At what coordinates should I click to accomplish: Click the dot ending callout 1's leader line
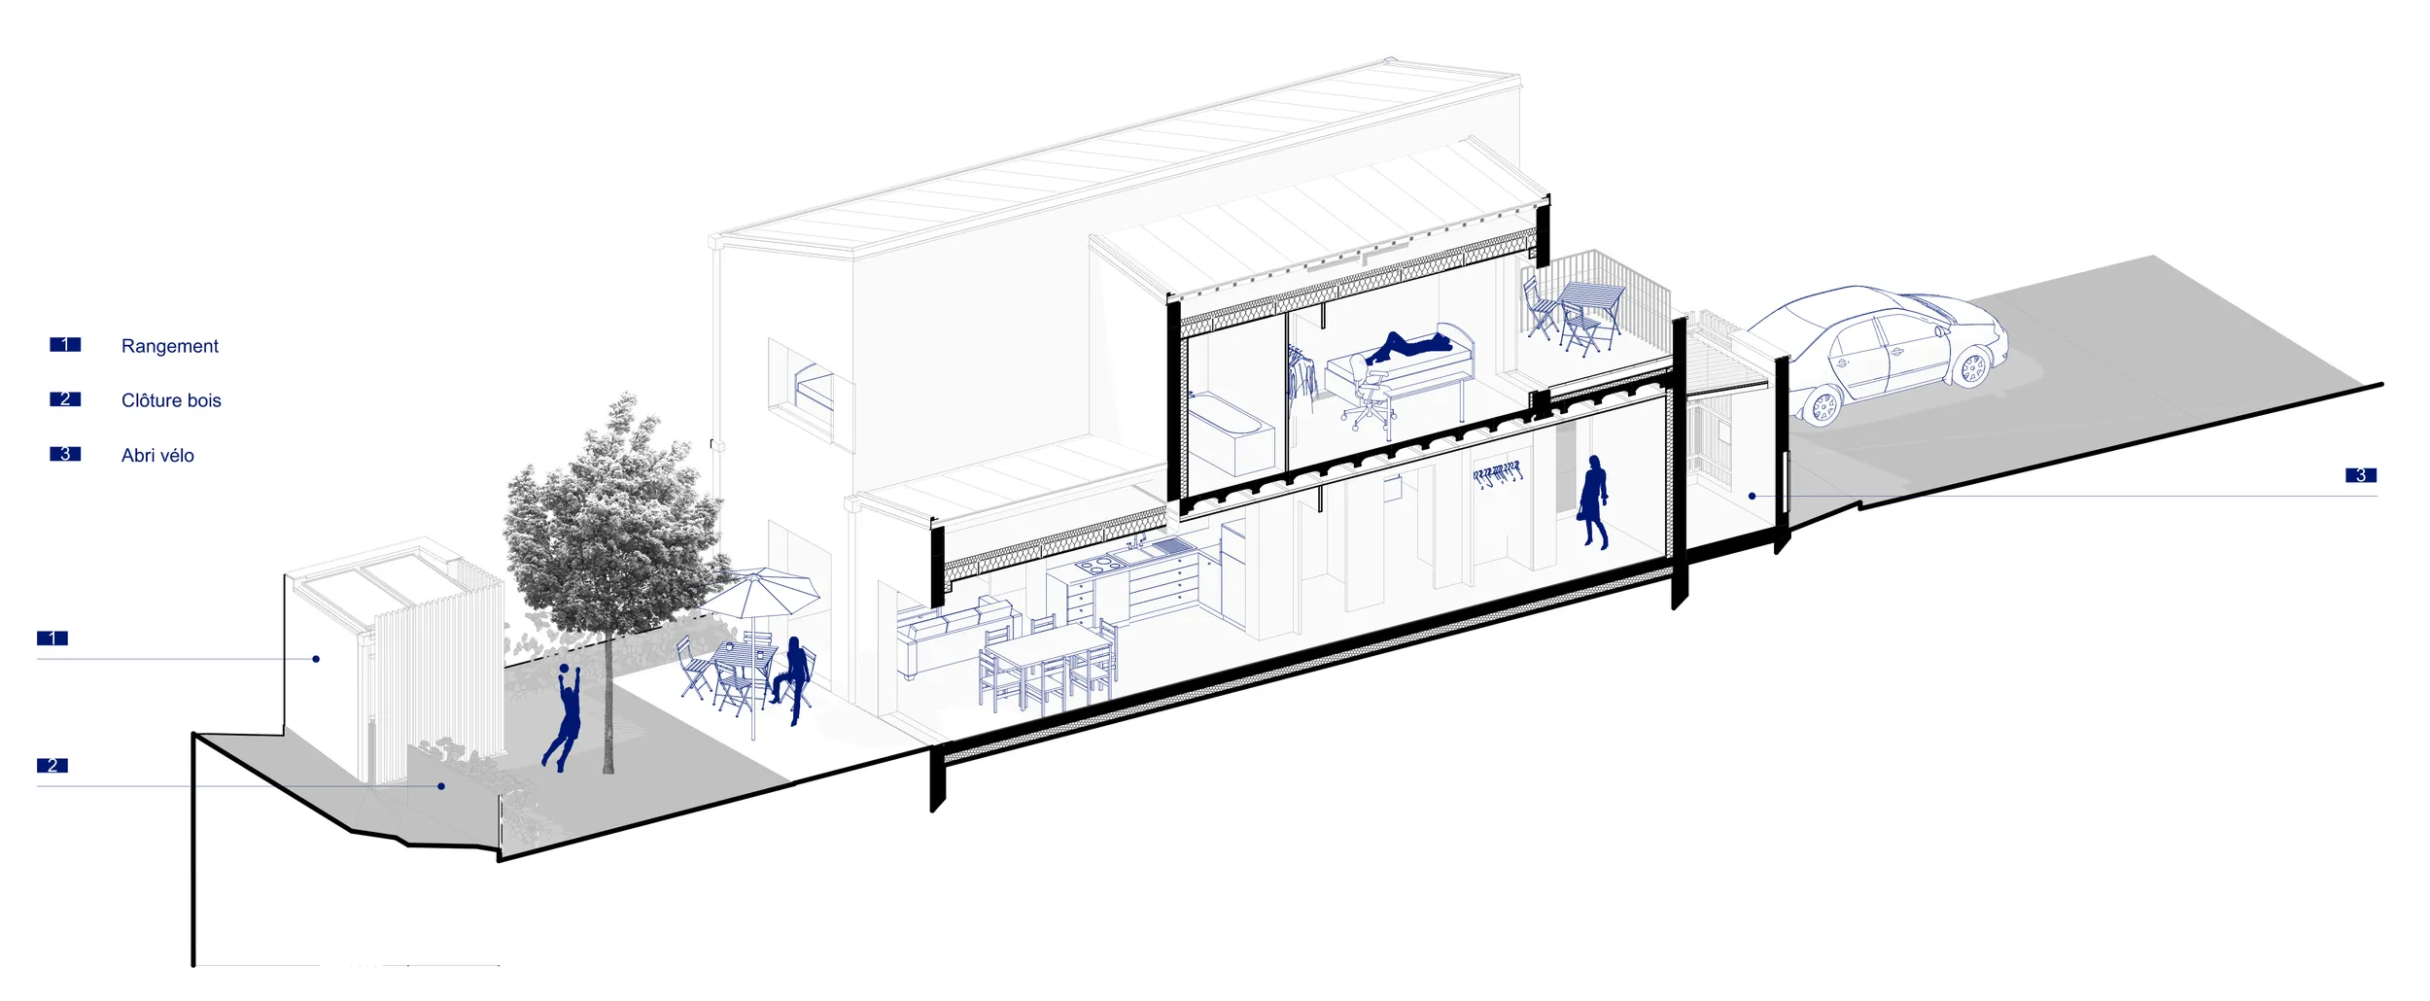coord(316,659)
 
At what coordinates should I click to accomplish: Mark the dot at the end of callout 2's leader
coord(441,786)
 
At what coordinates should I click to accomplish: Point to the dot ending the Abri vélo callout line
coord(1752,496)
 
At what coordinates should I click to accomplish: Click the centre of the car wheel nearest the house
coord(1823,406)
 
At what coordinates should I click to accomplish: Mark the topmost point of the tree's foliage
coord(627,394)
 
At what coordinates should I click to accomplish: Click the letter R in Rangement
coord(127,346)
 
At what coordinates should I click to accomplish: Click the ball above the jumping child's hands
coord(563,670)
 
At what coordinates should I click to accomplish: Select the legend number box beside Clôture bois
coord(65,399)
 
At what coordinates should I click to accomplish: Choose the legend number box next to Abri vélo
coord(65,454)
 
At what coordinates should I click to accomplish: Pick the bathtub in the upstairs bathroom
coord(1231,432)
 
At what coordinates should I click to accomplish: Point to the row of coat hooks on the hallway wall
coord(1497,475)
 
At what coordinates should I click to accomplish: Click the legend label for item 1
coord(170,346)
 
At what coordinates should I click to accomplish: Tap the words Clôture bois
coord(171,400)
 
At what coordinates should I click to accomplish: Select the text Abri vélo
coord(157,455)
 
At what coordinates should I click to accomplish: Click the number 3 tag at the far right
coord(2361,475)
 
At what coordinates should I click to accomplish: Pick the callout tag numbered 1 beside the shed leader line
coord(52,639)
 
